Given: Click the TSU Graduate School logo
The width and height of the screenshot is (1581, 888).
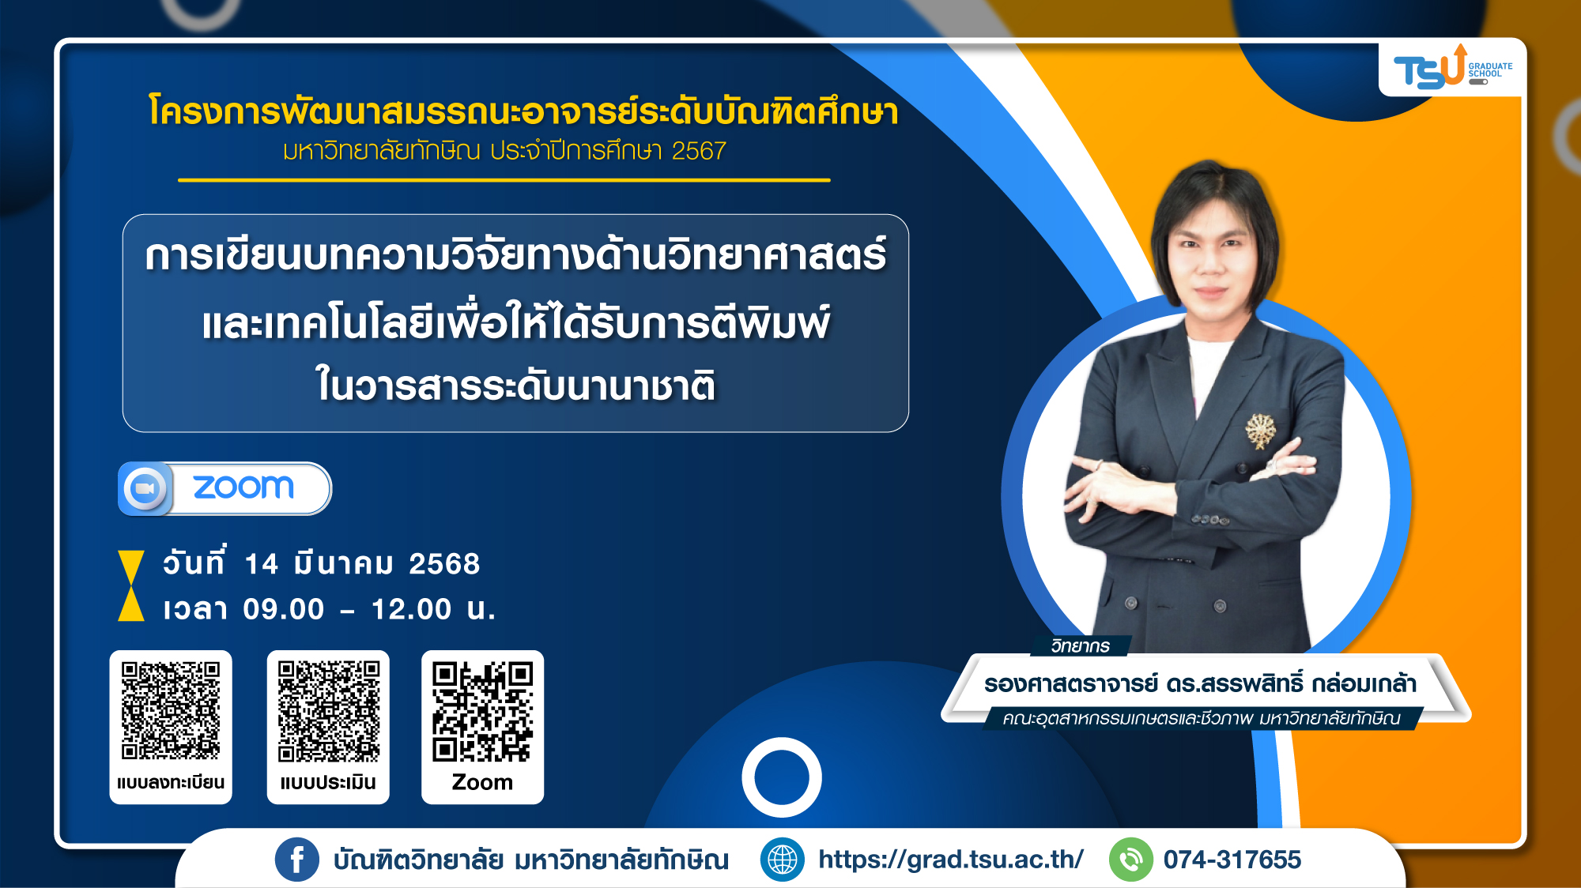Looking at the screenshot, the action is click(1452, 68).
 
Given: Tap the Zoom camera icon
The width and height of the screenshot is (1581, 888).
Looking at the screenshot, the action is click(145, 488).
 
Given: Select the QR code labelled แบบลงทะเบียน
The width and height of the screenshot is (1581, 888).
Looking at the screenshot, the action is click(171, 710).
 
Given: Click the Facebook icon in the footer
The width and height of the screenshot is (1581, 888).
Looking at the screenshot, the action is click(297, 860).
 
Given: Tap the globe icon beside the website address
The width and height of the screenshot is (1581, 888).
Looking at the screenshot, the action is click(782, 860).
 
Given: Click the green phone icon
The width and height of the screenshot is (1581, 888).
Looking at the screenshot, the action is click(1131, 860).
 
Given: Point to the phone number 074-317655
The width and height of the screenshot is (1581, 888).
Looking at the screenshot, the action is click(1232, 860).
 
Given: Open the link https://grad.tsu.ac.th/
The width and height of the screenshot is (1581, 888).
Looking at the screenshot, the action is click(951, 860).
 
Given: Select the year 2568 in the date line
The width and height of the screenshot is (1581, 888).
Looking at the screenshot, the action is click(444, 564).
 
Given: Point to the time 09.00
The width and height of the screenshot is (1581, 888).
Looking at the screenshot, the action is click(284, 609).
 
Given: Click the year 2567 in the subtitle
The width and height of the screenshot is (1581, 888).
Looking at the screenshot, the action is click(699, 151).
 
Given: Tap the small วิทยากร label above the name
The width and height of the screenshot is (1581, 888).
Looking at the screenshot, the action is click(1080, 646).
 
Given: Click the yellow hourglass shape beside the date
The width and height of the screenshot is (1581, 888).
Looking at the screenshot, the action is click(131, 585).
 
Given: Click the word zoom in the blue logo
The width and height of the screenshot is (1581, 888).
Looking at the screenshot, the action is click(243, 487).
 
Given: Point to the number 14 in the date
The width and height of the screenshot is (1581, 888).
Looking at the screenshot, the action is click(262, 564).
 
